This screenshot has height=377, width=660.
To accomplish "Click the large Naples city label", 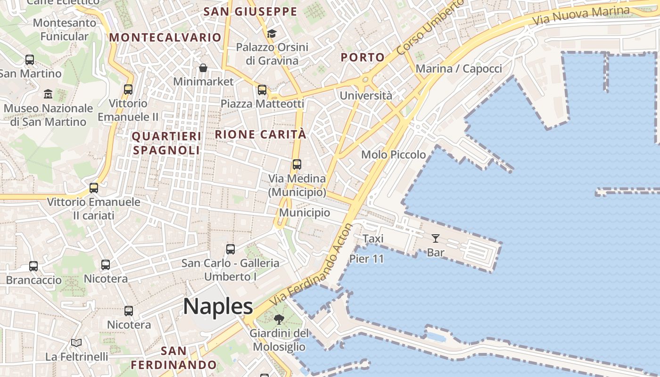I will tap(218, 306).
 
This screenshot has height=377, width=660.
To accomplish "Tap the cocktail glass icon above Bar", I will tap(435, 238).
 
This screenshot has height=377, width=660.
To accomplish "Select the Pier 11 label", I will tap(366, 259).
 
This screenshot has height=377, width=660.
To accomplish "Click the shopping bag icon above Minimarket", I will tap(203, 68).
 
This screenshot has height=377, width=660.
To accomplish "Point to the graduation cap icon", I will tap(272, 33).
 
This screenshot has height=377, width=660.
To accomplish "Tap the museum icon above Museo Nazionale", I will tap(48, 94).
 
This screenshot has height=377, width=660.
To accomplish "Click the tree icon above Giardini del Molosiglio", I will tap(279, 320).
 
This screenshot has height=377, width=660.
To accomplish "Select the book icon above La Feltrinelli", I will tap(76, 343).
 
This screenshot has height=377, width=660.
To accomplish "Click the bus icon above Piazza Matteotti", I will tap(262, 90).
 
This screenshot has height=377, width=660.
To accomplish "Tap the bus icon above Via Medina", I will tap(297, 164).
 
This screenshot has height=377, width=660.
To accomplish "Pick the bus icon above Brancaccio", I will tap(33, 266).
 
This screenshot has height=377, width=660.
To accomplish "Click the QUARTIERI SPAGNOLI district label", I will tap(166, 143).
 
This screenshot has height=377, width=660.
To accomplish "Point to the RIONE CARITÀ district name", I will tap(261, 134).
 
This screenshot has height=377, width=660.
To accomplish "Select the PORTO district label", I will tap(363, 57).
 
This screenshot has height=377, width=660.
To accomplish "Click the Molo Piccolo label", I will tap(393, 155).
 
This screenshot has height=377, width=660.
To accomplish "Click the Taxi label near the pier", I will tap(373, 239).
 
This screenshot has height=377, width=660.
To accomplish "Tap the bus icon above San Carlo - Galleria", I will tap(231, 249).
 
